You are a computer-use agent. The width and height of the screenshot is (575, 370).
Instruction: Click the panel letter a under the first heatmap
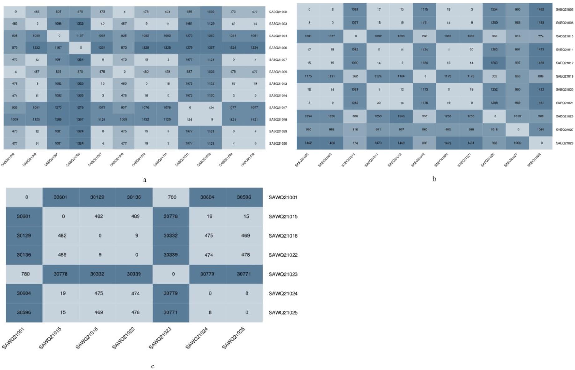tap(144, 180)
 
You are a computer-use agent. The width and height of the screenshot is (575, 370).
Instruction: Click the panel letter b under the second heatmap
tap(434, 179)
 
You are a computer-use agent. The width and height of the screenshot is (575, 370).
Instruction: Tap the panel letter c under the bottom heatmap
tap(153, 366)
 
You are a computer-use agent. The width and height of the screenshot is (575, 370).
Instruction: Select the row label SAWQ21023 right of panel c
tap(283, 274)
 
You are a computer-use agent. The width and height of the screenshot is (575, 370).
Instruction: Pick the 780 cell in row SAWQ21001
tap(172, 197)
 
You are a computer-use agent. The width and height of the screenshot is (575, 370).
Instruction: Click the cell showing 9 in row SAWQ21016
tap(137, 235)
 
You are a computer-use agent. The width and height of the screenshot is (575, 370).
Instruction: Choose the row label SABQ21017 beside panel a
tap(278, 107)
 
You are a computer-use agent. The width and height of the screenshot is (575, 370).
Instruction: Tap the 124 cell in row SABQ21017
tap(211, 107)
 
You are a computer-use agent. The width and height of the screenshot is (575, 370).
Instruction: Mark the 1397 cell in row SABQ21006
tap(211, 48)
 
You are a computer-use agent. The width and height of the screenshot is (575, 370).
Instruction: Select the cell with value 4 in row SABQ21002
tap(124, 12)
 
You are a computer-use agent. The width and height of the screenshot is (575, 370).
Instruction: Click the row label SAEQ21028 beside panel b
tap(564, 143)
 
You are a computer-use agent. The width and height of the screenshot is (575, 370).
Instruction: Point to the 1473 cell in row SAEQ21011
tap(541, 50)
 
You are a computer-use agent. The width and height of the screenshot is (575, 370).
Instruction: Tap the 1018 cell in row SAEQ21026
tap(518, 116)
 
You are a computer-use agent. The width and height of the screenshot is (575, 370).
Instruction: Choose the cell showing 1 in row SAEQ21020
tap(379, 90)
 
